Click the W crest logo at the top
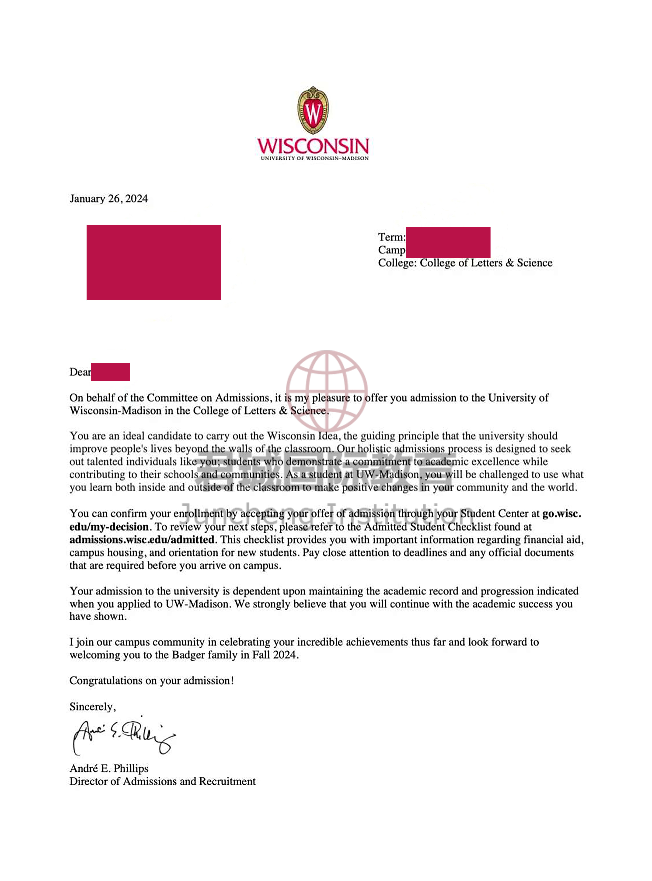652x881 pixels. click(x=313, y=111)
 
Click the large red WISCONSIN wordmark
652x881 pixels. click(x=313, y=146)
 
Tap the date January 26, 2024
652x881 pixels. click(x=108, y=199)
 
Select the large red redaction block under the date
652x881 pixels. click(x=153, y=263)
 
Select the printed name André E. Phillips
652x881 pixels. click(x=109, y=768)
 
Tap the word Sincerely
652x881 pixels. click(x=92, y=707)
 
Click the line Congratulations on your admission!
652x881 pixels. click(x=152, y=681)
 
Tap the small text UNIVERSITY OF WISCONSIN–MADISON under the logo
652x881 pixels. click(x=315, y=158)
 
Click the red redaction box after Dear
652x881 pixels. click(x=110, y=372)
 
